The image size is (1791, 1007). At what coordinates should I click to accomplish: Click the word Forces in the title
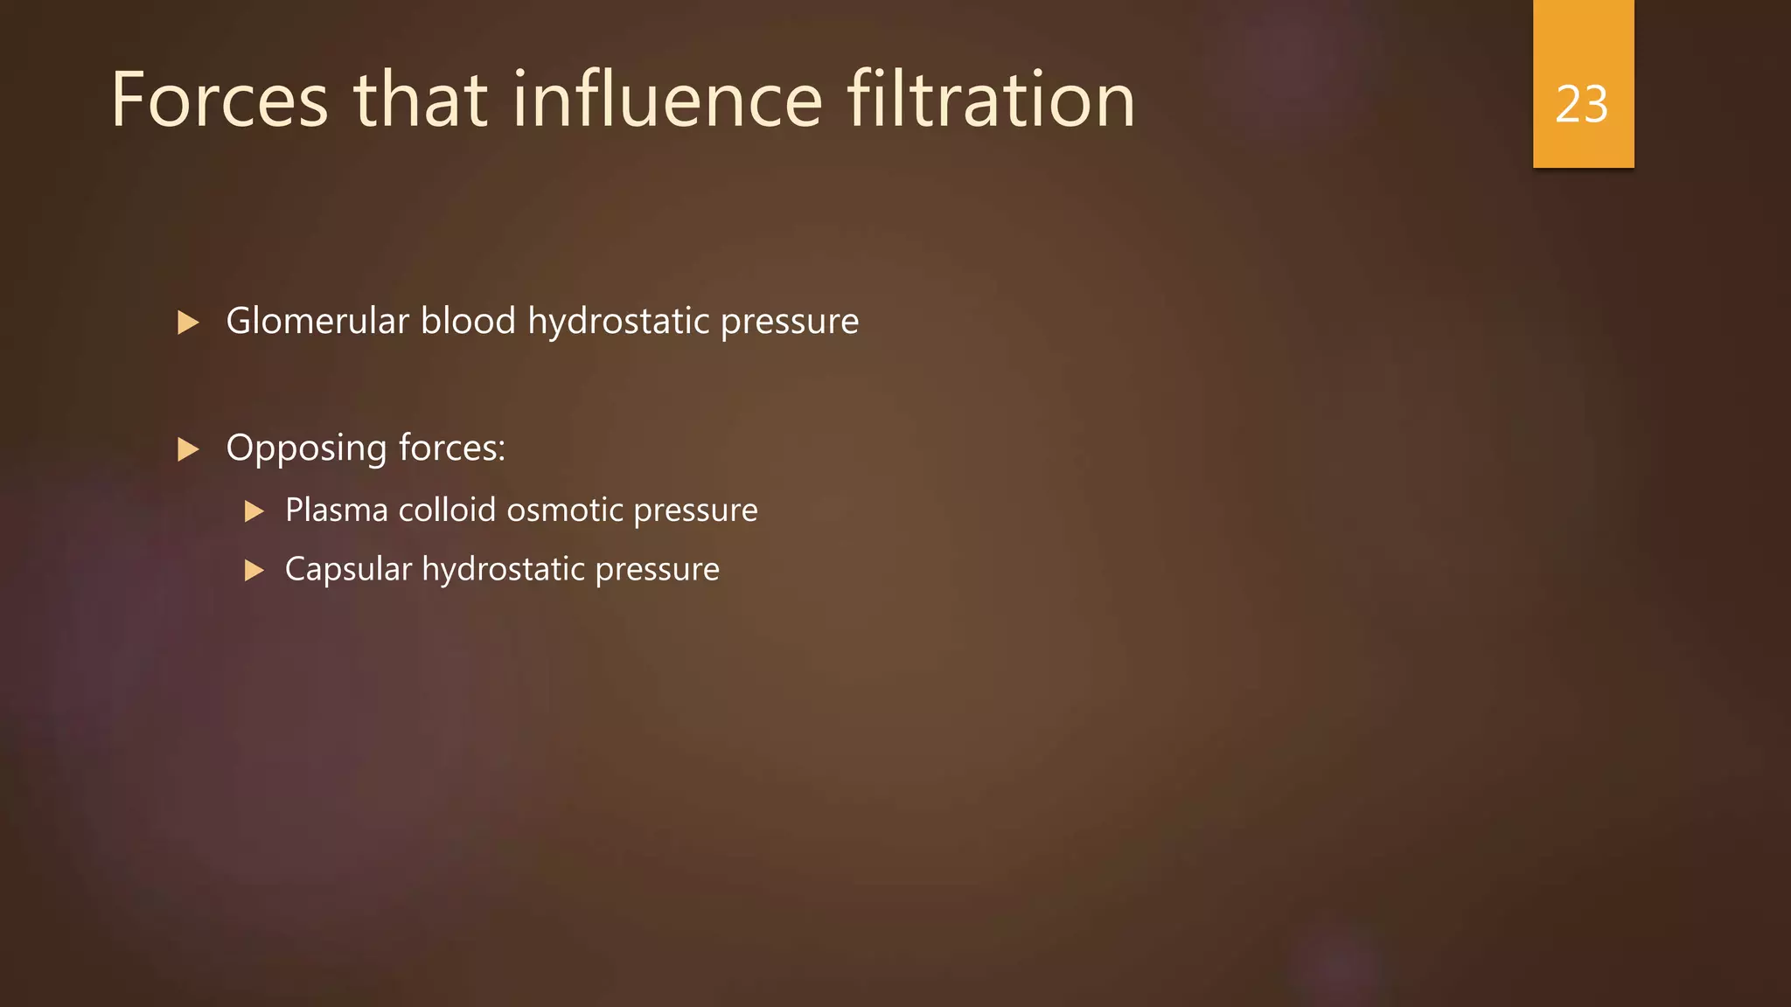point(220,101)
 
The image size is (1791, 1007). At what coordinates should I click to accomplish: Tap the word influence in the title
point(667,101)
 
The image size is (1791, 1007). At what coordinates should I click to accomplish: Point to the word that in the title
point(420,101)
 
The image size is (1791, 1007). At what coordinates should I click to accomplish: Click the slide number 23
point(1582,105)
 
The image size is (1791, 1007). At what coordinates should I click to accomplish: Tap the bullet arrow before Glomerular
point(188,323)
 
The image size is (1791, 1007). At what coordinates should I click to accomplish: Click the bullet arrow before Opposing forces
point(188,449)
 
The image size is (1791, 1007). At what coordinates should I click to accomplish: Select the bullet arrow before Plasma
point(254,511)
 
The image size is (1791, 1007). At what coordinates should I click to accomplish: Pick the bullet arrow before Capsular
point(254,571)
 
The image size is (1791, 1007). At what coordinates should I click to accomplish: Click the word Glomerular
point(317,321)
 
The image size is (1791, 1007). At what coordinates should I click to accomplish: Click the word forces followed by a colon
point(451,448)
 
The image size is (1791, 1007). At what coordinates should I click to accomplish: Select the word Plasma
point(337,510)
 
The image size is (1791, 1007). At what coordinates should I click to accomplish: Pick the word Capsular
point(348,570)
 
